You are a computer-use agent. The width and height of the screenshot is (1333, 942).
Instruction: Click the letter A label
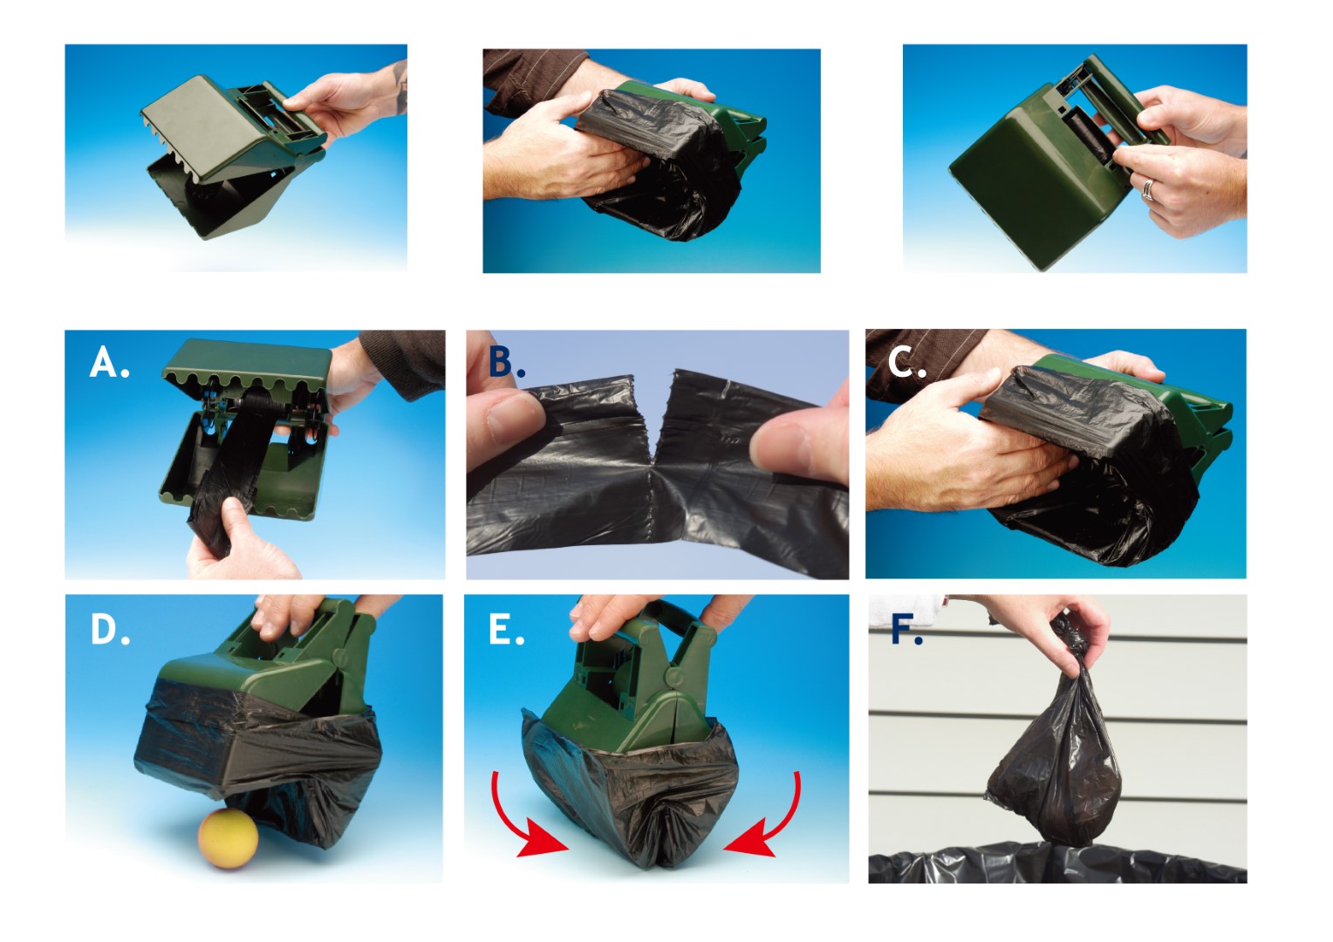108,362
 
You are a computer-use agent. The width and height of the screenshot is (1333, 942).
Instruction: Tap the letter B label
506,362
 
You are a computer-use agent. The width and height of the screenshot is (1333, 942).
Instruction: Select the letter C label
906,361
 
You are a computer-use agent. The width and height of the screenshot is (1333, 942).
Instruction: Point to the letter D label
109,629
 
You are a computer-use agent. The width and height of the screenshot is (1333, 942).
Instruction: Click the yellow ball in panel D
228,838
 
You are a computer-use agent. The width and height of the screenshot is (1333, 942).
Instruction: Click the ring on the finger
1149,189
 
